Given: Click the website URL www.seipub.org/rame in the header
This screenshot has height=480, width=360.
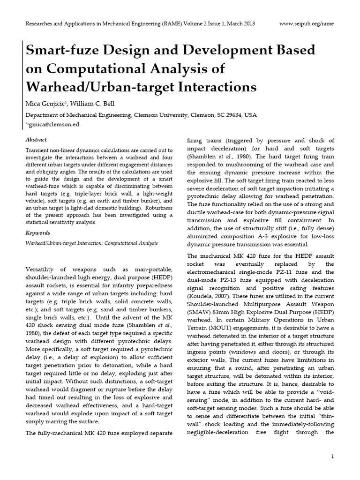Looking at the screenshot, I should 307,23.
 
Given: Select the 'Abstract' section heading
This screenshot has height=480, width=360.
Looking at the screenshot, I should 36,140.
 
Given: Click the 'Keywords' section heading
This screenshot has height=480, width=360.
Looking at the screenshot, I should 37,232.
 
